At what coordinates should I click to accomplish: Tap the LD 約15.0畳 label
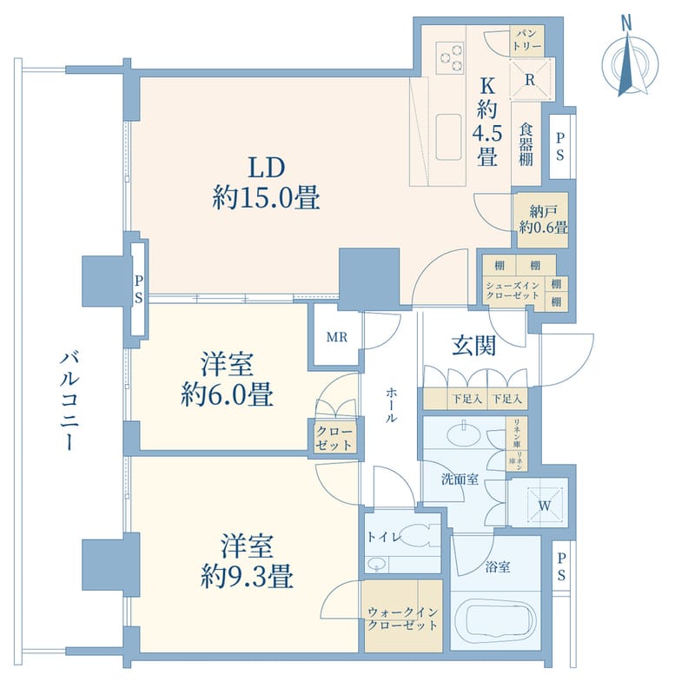(x=267, y=183)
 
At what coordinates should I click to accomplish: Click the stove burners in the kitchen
(x=450, y=55)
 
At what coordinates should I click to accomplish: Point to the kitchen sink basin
(x=449, y=136)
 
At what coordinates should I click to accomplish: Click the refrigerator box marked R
(x=528, y=76)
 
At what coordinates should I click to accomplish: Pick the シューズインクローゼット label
(x=513, y=290)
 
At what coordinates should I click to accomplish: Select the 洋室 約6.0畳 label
(x=227, y=381)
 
